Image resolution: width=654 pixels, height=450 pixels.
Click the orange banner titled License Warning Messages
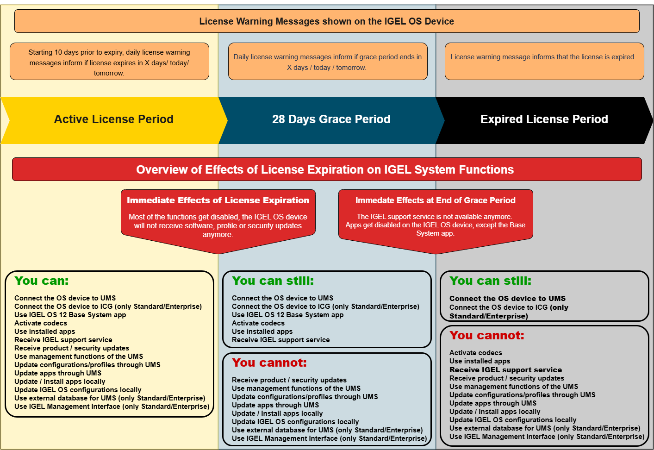point(326,21)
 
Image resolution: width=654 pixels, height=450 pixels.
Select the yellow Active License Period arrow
point(113,119)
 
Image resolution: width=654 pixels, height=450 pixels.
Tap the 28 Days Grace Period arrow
point(331,119)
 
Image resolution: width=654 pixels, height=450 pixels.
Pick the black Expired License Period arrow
point(544,119)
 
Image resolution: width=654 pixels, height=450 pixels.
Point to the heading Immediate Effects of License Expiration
point(218,200)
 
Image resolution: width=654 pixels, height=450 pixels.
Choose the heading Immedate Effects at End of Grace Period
point(435,200)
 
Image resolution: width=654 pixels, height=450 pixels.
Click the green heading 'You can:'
point(42,281)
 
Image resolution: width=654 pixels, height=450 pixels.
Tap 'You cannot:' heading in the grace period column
point(269,363)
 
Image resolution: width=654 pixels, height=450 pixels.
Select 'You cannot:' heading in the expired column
point(487,336)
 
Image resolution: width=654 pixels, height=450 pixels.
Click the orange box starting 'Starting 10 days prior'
point(109,62)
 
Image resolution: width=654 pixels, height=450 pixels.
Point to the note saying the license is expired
point(543,57)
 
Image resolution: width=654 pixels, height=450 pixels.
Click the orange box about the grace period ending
point(328,62)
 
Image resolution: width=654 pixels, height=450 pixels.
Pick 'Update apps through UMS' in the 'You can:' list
point(58,373)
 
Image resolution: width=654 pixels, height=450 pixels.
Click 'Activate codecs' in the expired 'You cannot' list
point(476,353)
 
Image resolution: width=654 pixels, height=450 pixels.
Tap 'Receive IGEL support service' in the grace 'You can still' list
point(281,340)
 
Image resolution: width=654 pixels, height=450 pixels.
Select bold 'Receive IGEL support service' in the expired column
point(505,370)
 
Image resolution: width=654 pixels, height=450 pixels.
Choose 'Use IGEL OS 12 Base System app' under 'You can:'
point(70,315)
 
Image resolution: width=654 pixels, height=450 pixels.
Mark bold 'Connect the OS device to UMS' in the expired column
point(507,299)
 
